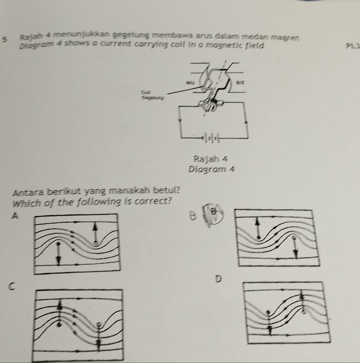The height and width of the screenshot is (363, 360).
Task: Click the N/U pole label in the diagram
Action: pos(189,82)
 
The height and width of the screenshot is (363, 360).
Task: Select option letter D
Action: pos(219,278)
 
